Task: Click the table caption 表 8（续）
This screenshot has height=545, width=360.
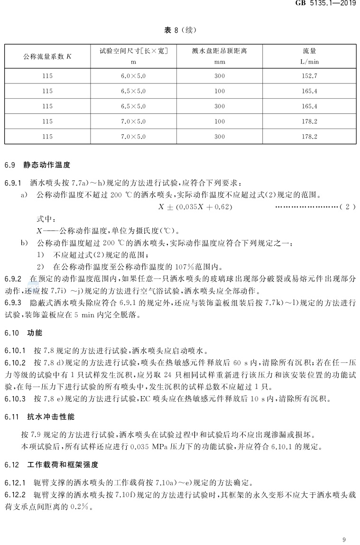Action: (x=180, y=30)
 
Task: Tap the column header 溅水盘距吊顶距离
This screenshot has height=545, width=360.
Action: (x=219, y=51)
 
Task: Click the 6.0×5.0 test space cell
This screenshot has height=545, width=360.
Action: (x=133, y=75)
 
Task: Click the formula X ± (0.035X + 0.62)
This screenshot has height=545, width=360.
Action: (x=195, y=207)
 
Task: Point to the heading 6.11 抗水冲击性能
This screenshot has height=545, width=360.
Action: (x=39, y=417)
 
